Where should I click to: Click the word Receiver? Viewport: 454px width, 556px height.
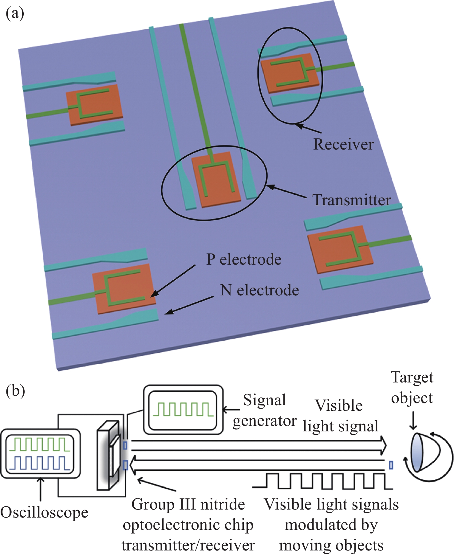[343, 144]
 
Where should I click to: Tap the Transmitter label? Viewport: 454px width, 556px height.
[352, 200]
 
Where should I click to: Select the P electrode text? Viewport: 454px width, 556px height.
[244, 259]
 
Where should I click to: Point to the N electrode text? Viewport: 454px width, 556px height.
[259, 290]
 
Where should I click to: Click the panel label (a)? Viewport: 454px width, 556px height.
[15, 14]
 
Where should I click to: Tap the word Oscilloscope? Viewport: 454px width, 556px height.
[44, 513]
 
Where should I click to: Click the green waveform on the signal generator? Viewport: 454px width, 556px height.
[183, 410]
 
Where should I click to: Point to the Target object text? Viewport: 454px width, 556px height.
[412, 388]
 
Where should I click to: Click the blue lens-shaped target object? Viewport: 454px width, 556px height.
[417, 452]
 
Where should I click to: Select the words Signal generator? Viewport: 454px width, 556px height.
[265, 410]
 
